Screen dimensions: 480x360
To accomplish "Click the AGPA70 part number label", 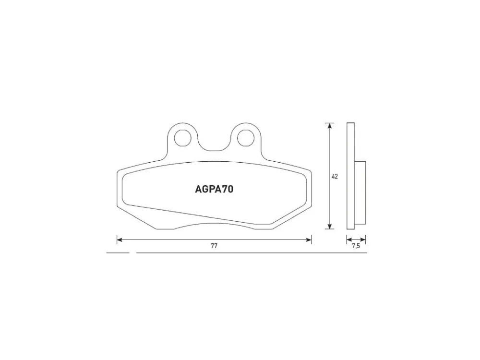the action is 214,190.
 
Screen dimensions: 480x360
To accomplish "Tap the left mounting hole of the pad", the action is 183,138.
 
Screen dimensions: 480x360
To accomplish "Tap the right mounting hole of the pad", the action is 245,138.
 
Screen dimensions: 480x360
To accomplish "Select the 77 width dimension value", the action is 214,246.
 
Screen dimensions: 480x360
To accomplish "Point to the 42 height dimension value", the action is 335,177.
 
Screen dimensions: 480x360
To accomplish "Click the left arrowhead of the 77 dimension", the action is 120,240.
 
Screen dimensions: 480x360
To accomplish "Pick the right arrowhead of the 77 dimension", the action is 309,240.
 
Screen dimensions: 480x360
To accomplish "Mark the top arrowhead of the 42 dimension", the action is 329,126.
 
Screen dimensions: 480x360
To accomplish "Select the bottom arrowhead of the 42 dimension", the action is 329,226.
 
